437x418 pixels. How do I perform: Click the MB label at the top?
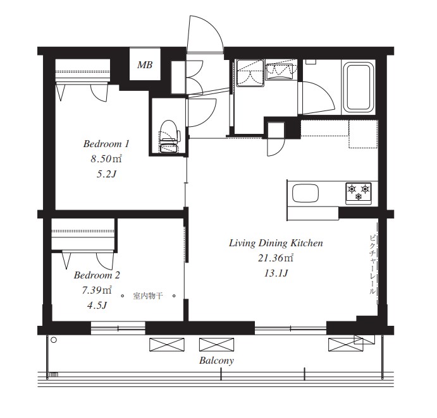(x=145, y=65)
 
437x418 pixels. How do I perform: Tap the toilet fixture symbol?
(x=169, y=136)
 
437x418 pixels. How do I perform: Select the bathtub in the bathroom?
(x=359, y=87)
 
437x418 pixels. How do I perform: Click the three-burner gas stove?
(x=359, y=193)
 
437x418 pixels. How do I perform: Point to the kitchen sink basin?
(x=305, y=193)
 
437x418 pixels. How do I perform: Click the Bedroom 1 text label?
(x=106, y=144)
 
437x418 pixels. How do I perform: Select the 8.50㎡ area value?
(x=106, y=159)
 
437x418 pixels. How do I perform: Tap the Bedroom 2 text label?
(x=97, y=275)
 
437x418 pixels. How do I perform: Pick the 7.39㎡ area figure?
(x=97, y=290)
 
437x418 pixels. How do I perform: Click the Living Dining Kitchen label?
(x=276, y=243)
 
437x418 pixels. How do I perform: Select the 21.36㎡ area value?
(x=276, y=258)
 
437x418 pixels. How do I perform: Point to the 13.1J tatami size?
(x=276, y=273)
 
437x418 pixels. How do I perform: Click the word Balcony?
(x=216, y=361)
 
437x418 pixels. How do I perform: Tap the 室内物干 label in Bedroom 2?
(x=148, y=296)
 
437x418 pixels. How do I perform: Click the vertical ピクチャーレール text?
(x=372, y=265)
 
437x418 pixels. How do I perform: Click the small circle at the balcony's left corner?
(x=54, y=340)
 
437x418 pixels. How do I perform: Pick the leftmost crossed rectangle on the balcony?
(x=167, y=344)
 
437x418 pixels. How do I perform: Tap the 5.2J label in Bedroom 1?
(x=106, y=174)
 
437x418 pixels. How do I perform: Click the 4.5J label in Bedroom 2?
(x=97, y=306)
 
